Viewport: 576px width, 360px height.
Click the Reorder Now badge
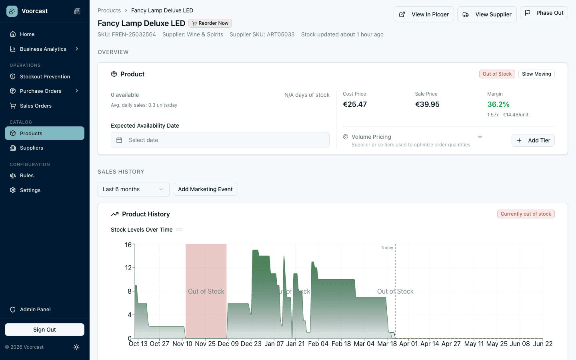tap(210, 23)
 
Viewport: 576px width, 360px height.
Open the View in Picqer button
tap(424, 14)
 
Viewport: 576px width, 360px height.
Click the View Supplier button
tap(487, 14)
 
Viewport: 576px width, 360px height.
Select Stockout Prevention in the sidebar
tap(45, 76)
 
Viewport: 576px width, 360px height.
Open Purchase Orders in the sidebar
tap(41, 91)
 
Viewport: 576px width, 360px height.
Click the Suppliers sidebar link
tap(32, 148)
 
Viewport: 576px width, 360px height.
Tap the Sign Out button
tap(44, 330)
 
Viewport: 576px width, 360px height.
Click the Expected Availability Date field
tap(220, 140)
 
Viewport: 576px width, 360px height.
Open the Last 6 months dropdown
tap(133, 189)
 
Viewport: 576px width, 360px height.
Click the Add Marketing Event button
tap(205, 189)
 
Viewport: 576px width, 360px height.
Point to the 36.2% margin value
tap(498, 104)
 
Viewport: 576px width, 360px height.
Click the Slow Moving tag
tap(536, 74)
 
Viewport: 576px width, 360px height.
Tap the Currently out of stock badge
tap(526, 214)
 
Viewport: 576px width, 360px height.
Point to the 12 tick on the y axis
tap(128, 268)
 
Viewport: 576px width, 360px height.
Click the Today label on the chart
tap(386, 248)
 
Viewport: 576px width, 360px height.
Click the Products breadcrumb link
tap(109, 10)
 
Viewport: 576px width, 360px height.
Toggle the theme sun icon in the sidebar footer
tap(76, 347)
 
